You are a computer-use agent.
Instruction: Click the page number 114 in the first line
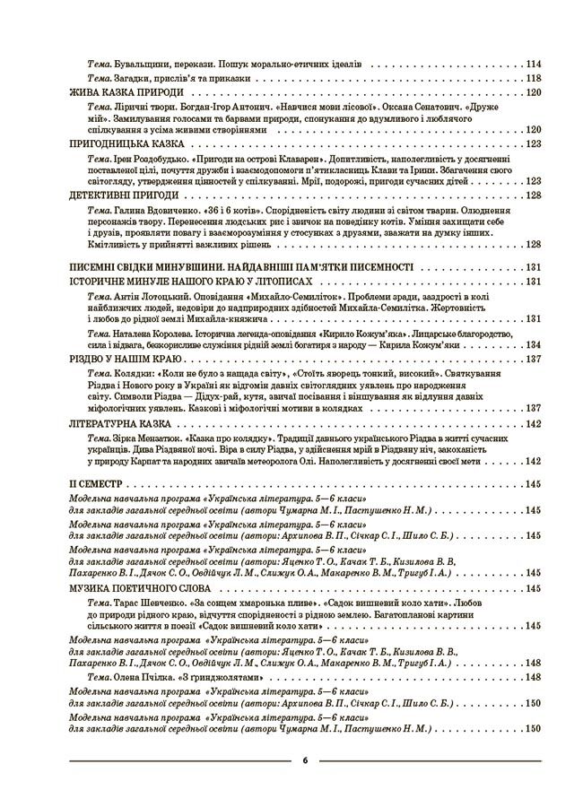click(534, 65)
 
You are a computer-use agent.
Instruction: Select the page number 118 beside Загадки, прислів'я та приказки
click(534, 79)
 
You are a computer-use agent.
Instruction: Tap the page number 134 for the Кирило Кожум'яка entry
click(534, 344)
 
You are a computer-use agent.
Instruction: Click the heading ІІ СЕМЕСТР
click(93, 484)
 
